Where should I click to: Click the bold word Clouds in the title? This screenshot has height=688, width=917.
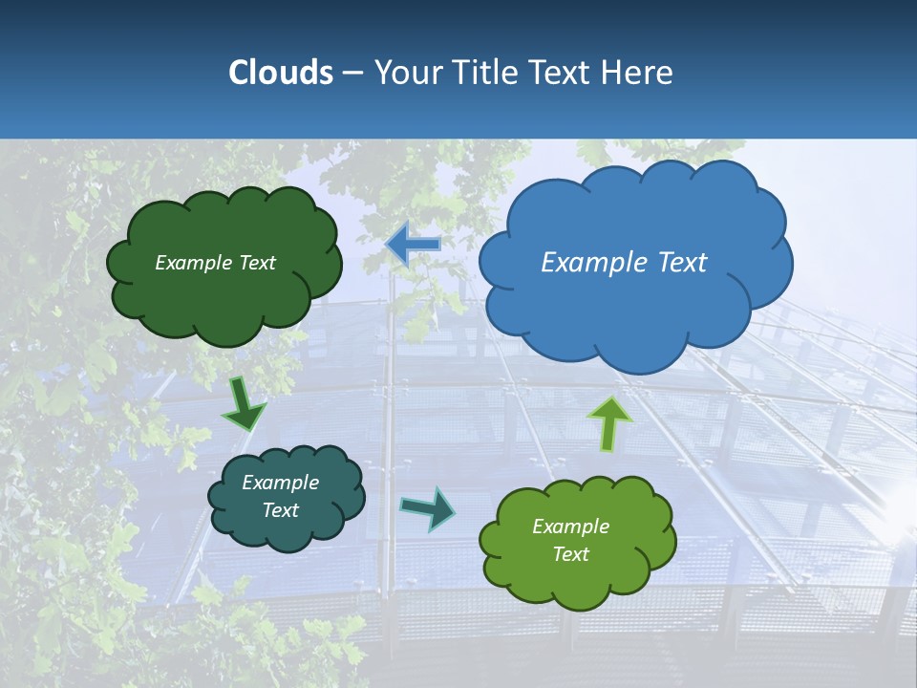(280, 73)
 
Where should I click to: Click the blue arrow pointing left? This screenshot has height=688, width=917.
(414, 244)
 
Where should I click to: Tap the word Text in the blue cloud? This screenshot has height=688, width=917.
(683, 263)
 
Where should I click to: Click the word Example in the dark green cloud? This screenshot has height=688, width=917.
(193, 263)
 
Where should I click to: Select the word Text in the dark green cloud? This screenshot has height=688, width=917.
(256, 263)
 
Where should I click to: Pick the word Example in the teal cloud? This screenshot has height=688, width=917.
(280, 483)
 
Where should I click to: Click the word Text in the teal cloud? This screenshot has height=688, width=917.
(281, 510)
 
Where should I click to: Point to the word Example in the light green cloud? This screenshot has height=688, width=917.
(570, 527)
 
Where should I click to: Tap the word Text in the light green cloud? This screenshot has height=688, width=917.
(570, 554)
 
